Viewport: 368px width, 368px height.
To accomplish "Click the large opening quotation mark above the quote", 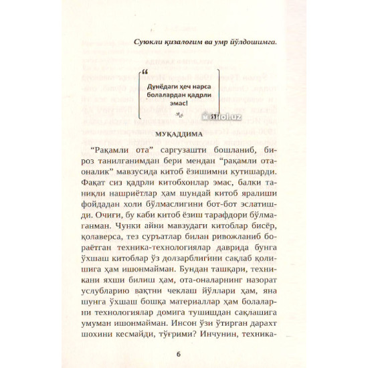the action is tap(146, 70).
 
